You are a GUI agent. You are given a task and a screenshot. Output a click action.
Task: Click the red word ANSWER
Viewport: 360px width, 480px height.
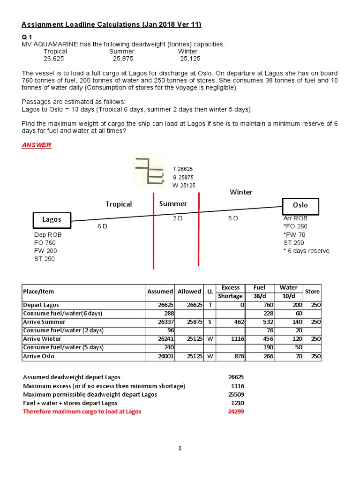pos(37,145)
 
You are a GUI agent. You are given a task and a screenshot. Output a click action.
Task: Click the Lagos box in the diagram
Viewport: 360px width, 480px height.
pos(52,219)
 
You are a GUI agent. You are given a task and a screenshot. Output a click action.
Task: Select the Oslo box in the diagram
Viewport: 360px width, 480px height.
pos(300,206)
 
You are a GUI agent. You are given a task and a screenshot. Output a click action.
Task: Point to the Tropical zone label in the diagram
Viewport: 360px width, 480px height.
pos(119,204)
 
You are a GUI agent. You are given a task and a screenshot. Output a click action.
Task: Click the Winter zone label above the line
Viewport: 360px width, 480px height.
pos(241,192)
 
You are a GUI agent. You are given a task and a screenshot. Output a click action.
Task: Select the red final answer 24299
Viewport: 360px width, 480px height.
pos(236,412)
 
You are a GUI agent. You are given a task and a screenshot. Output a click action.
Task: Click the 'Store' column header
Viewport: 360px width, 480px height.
pos(312,292)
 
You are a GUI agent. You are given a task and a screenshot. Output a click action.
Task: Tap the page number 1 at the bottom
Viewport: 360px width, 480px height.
pos(180,449)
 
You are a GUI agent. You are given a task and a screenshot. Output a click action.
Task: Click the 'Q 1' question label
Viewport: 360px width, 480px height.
pos(27,36)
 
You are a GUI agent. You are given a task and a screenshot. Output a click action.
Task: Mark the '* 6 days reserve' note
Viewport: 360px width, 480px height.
pos(306,251)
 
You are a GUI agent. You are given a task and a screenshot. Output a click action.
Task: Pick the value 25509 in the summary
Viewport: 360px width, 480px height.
pos(236,395)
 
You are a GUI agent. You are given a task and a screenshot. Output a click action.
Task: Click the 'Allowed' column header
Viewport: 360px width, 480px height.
pos(189,292)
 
